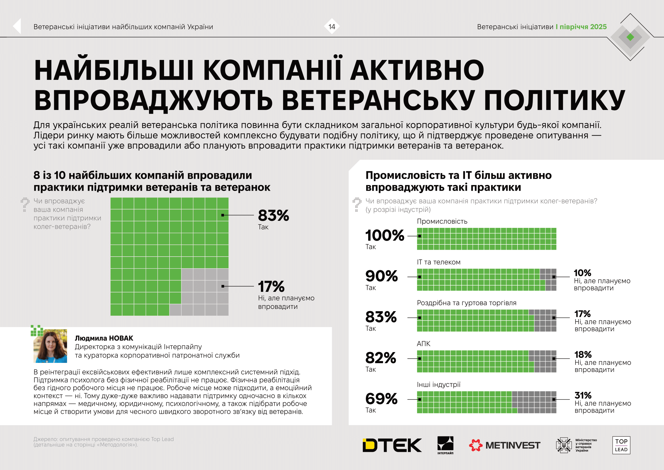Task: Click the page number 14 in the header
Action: click(331, 27)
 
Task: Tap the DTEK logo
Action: click(392, 445)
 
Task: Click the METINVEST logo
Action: click(504, 445)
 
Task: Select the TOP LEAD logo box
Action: click(621, 445)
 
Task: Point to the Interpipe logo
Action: click(445, 444)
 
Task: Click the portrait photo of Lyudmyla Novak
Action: click(50, 346)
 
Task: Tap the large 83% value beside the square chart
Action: click(273, 216)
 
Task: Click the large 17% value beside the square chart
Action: click(271, 286)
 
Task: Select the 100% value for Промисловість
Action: click(385, 235)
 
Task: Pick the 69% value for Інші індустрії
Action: click(381, 399)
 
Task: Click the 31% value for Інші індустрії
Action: click(583, 395)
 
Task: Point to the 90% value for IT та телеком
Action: click(382, 276)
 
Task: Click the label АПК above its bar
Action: click(423, 344)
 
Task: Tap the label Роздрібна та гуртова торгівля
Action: click(466, 303)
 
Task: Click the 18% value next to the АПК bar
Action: click(583, 354)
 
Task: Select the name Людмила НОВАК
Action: click(104, 338)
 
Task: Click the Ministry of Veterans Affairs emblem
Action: click(564, 445)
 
